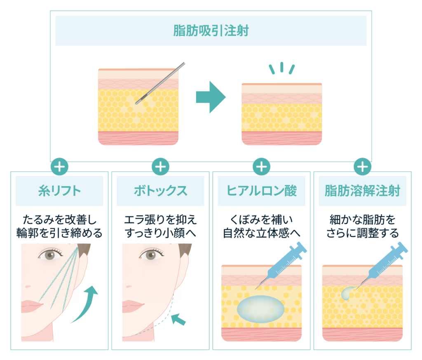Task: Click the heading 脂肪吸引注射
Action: [211, 30]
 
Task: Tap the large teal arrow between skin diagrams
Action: [211, 97]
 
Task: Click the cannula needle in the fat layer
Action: [160, 83]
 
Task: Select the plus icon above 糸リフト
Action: [59, 166]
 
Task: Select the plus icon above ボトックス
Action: [160, 166]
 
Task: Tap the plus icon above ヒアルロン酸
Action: [262, 166]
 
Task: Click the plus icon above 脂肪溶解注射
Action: [363, 166]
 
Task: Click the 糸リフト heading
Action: [59, 191]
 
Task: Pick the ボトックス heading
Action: [160, 191]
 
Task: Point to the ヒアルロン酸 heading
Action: [262, 191]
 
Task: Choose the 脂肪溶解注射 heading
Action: [363, 191]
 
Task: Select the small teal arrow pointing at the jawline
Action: [178, 319]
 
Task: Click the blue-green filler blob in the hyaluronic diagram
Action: [260, 309]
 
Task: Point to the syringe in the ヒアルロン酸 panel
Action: [281, 265]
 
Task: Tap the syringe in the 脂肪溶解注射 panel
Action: [382, 265]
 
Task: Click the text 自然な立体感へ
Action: [262, 233]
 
